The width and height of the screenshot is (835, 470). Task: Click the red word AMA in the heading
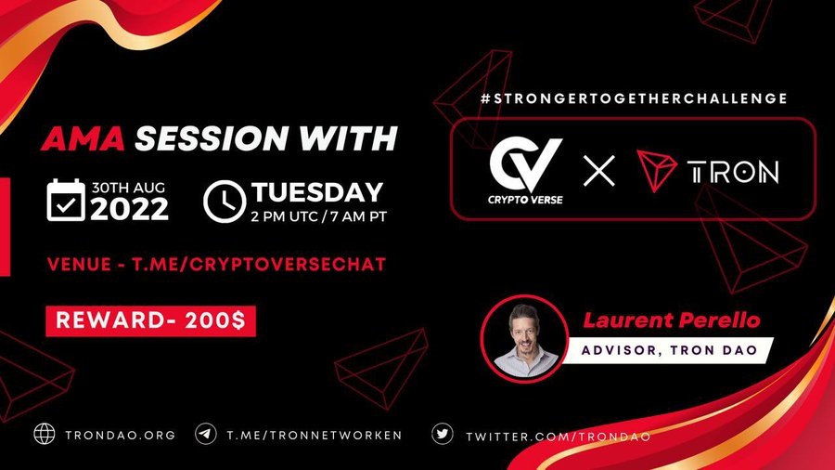tap(83, 138)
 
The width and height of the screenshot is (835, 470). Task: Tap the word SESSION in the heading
tap(211, 138)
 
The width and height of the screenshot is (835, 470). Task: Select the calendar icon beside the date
tap(66, 200)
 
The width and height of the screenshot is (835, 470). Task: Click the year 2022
tap(129, 208)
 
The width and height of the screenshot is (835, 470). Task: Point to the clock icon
tap(225, 202)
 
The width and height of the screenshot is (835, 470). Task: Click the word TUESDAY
tap(317, 192)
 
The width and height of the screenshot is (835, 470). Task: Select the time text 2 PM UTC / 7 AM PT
tap(319, 216)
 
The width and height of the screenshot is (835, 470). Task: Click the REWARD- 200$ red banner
tap(150, 320)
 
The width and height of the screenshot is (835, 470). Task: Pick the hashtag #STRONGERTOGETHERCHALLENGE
tap(634, 98)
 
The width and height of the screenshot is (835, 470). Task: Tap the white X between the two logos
tap(599, 171)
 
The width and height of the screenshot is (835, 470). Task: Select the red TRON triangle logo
tap(656, 169)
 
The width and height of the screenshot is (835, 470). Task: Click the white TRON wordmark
tap(733, 172)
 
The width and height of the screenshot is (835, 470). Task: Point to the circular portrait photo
tap(525, 338)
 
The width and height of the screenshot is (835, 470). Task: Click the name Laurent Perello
tap(672, 320)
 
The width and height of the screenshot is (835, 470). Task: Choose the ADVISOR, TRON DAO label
tap(669, 350)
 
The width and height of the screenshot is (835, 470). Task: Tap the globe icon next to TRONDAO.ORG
tap(45, 434)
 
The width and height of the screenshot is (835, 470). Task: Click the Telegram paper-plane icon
tap(206, 434)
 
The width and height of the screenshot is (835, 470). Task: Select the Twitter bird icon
tap(443, 434)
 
